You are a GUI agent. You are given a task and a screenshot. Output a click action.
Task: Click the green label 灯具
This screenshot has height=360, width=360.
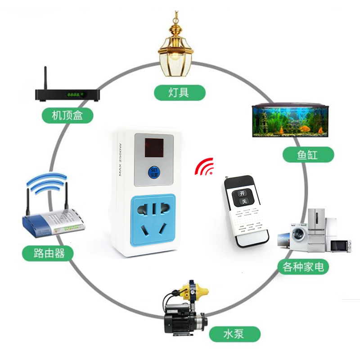click(180, 93)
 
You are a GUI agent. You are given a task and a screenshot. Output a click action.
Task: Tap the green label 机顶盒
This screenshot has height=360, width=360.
click(67, 116)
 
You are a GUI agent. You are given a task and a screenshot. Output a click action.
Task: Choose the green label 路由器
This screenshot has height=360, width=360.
click(48, 253)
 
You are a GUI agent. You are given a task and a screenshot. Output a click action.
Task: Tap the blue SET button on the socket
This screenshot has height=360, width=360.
click(153, 171)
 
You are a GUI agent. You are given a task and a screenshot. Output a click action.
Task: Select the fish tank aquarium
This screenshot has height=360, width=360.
click(288, 120)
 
